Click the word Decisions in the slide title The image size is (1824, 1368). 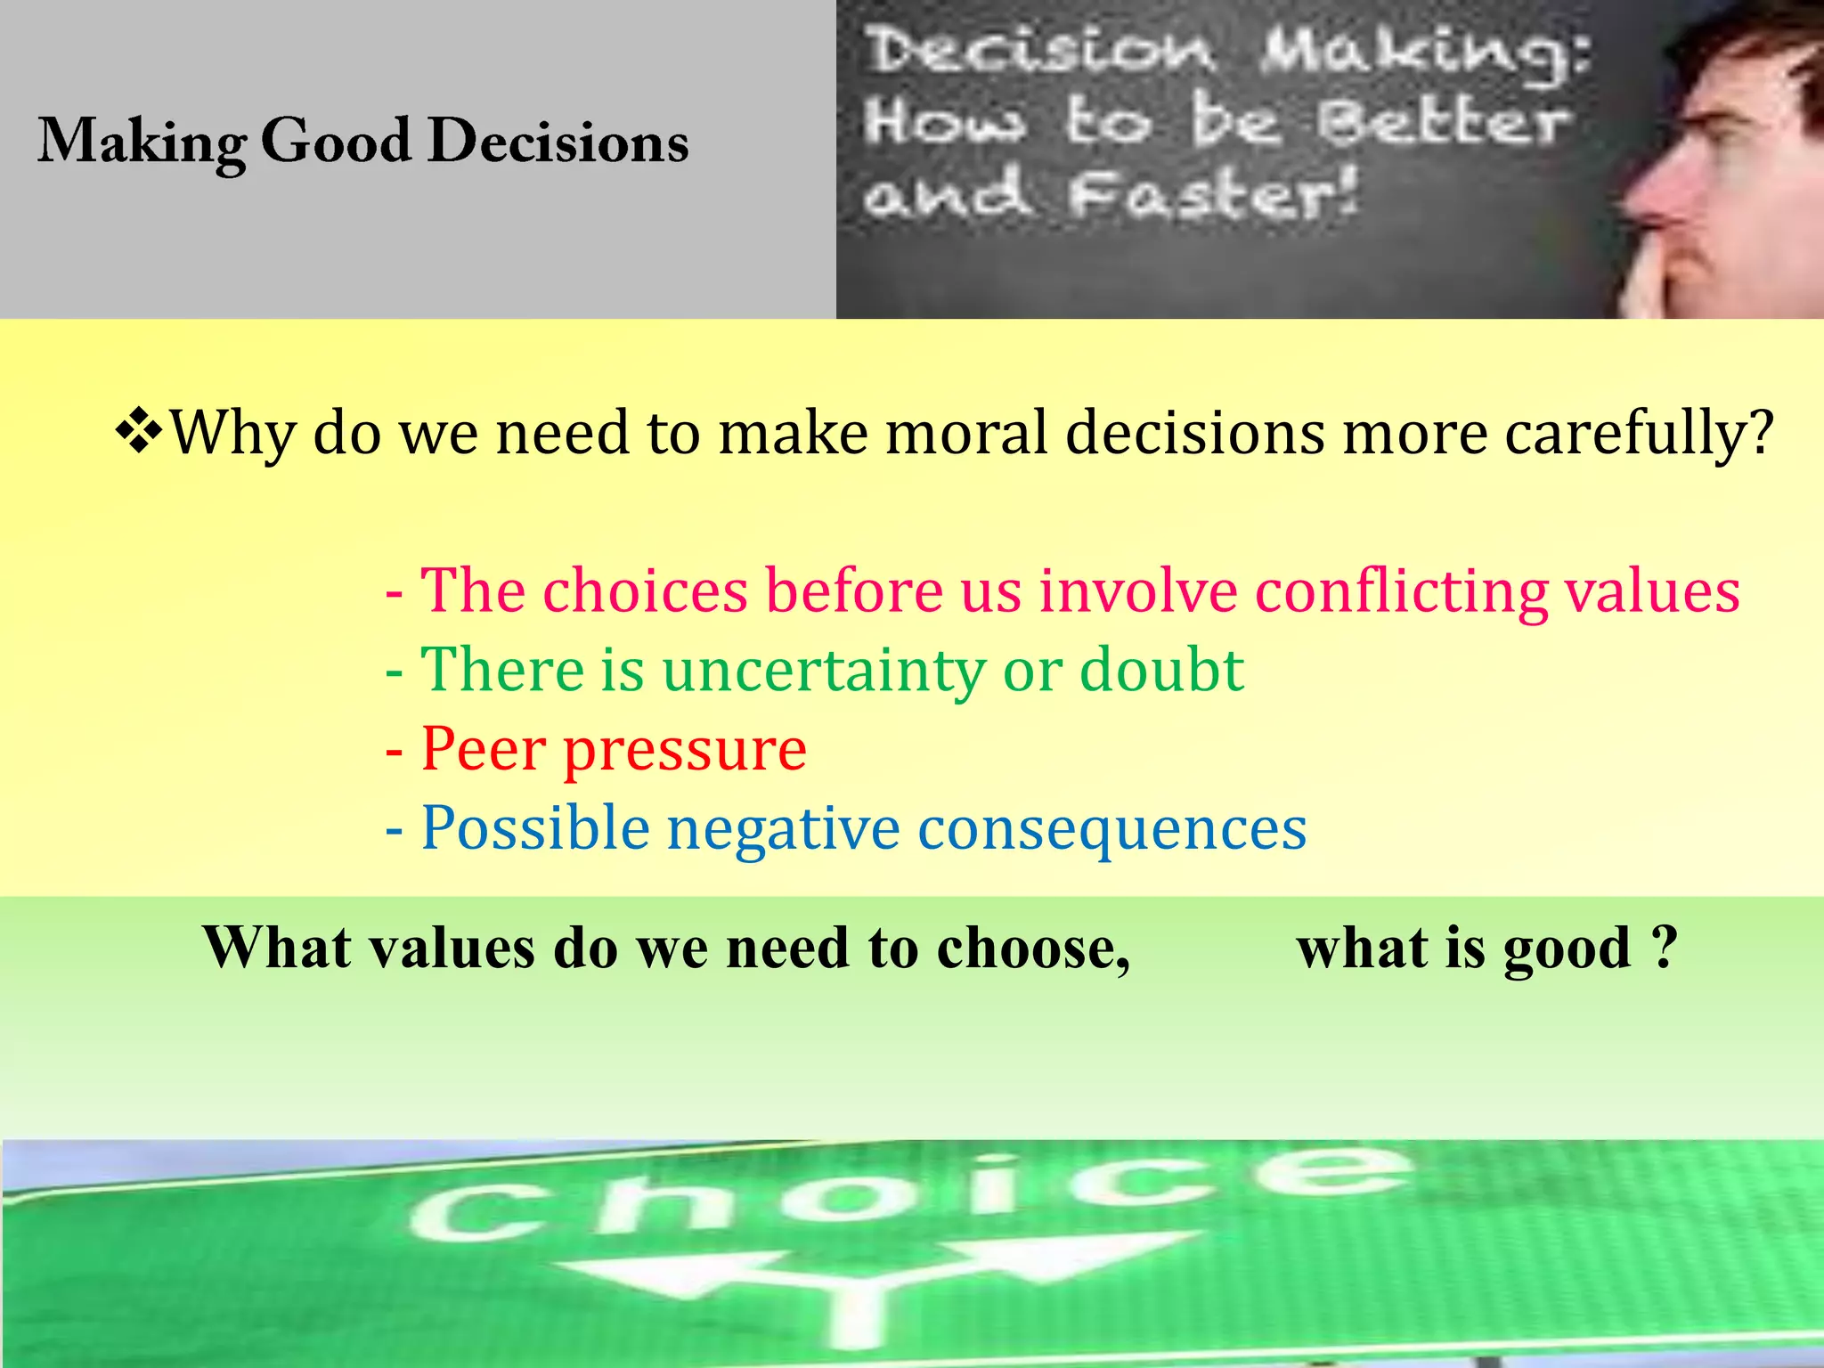tap(558, 142)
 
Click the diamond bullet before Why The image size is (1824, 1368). tap(140, 433)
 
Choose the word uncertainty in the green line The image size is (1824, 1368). tap(823, 671)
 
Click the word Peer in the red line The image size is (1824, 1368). tap(483, 749)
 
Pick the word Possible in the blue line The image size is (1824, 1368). tap(535, 828)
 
